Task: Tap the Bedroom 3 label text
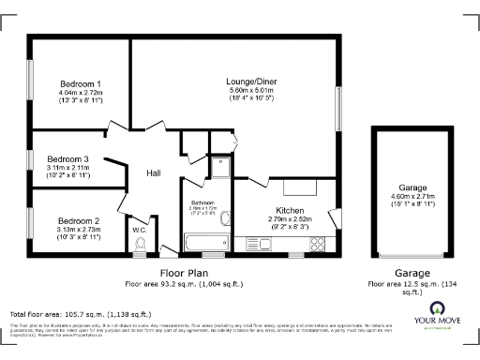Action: click(x=67, y=159)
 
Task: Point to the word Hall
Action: click(x=156, y=173)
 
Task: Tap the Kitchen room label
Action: click(x=288, y=210)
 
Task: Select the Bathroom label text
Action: click(x=204, y=202)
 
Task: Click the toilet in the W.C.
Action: click(x=141, y=246)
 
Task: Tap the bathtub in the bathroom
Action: click(x=204, y=243)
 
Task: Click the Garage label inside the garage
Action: click(x=407, y=187)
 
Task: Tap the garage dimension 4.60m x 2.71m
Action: click(x=407, y=196)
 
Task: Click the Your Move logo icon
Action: click(x=437, y=309)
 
